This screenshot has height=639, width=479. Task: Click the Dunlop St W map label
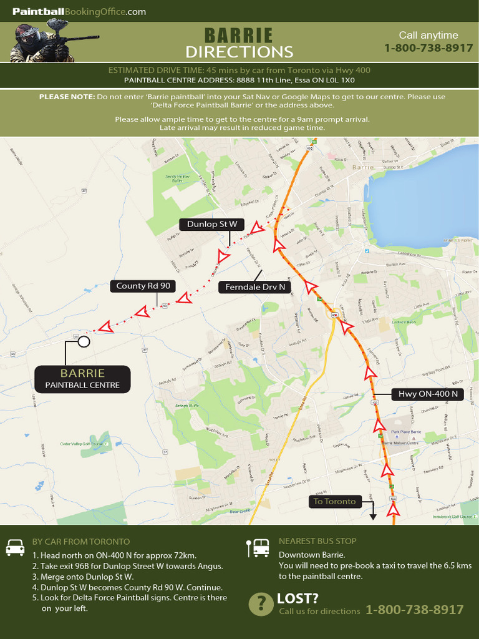click(x=212, y=224)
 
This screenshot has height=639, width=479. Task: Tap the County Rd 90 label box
click(x=143, y=286)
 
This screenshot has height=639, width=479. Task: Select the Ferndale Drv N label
click(x=255, y=287)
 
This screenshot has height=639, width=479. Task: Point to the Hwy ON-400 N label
click(x=428, y=394)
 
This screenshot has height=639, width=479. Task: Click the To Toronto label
click(x=335, y=501)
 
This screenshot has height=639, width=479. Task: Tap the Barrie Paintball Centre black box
click(x=82, y=379)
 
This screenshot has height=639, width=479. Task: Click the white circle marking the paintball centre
click(x=84, y=341)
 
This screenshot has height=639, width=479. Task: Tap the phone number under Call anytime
click(x=428, y=48)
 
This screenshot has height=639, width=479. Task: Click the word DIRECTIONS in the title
click(x=239, y=52)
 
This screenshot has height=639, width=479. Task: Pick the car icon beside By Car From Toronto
click(x=15, y=547)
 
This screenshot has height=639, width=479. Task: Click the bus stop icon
click(x=258, y=547)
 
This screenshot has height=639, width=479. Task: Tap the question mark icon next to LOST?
click(x=259, y=604)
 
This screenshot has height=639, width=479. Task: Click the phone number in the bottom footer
click(x=414, y=610)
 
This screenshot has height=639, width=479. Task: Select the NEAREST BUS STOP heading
click(x=317, y=541)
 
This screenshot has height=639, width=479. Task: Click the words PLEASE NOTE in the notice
click(x=67, y=97)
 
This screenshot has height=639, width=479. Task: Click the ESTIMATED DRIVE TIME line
click(x=239, y=70)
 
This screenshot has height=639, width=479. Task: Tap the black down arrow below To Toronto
click(x=373, y=515)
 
